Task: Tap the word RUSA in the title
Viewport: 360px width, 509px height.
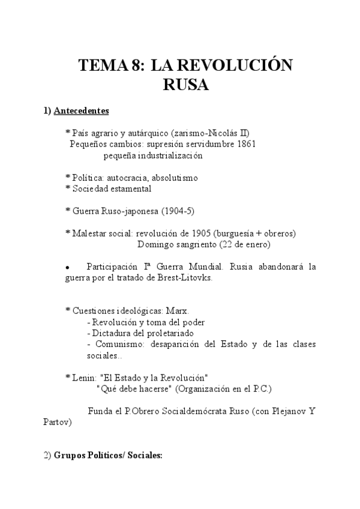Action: point(185,85)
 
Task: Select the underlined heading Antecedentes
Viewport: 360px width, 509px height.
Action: point(81,111)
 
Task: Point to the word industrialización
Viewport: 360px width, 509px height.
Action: point(169,155)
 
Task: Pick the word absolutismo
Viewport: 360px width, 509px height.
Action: point(175,178)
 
